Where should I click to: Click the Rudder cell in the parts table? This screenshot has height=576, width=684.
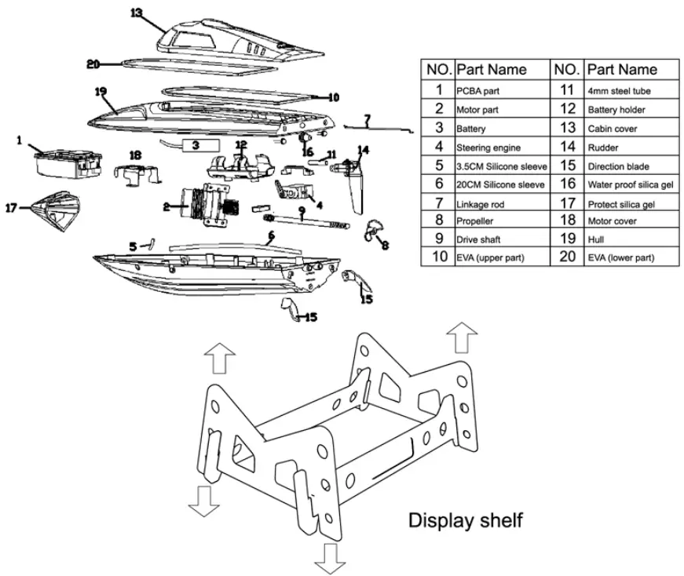(x=604, y=147)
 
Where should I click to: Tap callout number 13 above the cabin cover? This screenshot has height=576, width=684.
(x=137, y=13)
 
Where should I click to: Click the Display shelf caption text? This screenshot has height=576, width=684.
(x=465, y=519)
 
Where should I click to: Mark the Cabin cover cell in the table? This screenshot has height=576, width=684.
(x=613, y=128)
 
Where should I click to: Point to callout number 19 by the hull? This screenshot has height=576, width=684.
(x=100, y=92)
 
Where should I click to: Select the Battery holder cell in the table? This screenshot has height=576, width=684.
(x=616, y=110)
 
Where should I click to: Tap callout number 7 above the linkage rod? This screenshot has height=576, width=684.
(x=367, y=118)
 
